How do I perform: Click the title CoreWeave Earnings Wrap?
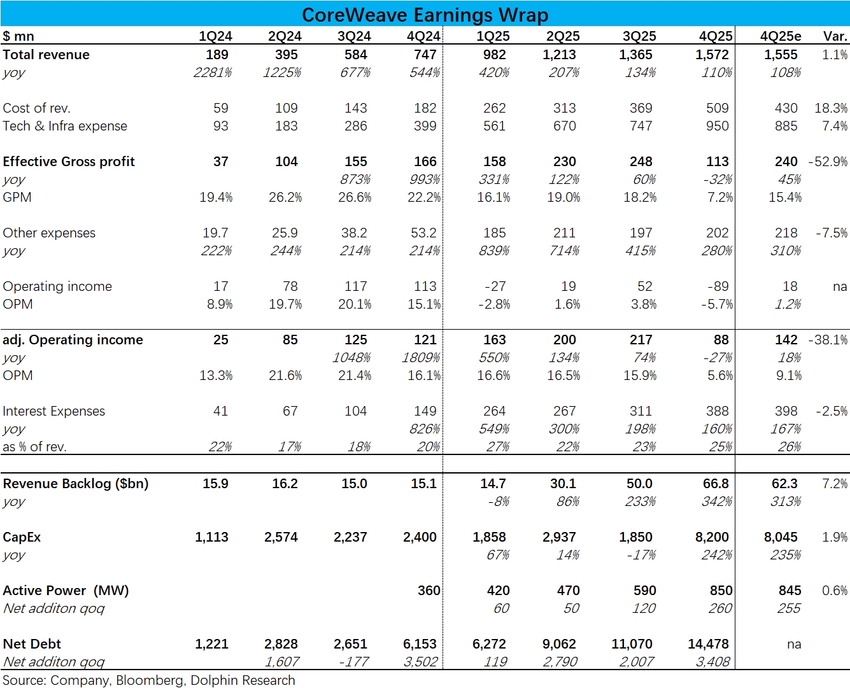425,14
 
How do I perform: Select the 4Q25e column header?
781,36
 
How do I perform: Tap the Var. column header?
835,36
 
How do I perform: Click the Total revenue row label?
46,55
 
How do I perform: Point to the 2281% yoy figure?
213,73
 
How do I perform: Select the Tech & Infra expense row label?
65,126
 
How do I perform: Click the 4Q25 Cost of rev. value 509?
717,108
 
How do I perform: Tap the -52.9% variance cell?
828,162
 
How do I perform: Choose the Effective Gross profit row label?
69,162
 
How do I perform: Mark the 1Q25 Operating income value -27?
495,286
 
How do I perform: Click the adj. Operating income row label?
73,340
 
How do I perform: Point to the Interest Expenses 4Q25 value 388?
717,411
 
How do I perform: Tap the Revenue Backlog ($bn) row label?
76,484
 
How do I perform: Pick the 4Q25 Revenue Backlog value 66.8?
716,484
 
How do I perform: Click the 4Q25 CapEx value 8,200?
712,537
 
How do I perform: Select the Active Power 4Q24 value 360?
429,591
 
